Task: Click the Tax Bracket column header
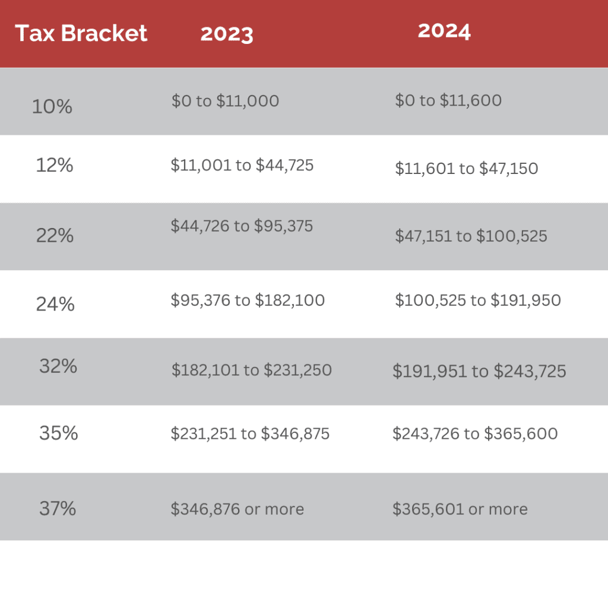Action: click(81, 33)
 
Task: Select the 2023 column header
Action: click(227, 34)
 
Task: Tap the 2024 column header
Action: click(444, 31)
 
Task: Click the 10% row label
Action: click(52, 107)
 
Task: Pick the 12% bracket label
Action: click(54, 165)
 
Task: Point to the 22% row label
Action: click(55, 236)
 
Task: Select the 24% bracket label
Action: click(55, 304)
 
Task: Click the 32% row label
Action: click(58, 366)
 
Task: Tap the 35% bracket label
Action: click(59, 433)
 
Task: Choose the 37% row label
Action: click(58, 509)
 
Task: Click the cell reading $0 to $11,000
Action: click(225, 101)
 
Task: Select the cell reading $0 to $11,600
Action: click(448, 100)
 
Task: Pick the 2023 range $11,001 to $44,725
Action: click(242, 165)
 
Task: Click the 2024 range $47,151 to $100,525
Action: click(471, 236)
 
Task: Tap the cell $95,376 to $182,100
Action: click(248, 300)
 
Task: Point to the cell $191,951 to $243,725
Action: click(479, 372)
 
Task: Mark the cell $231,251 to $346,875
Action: click(250, 434)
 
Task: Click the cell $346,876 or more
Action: click(237, 509)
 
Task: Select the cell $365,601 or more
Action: click(460, 509)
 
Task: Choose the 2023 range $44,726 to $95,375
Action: click(242, 226)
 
